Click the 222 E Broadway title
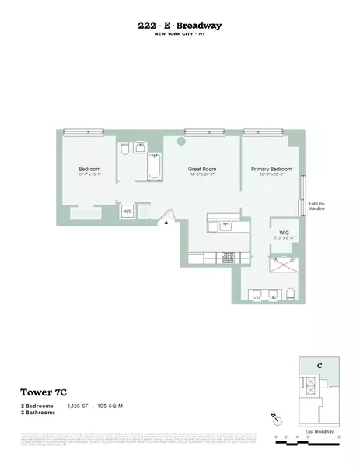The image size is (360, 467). click(x=180, y=26)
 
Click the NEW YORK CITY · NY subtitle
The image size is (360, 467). click(x=180, y=35)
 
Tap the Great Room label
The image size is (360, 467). click(x=201, y=169)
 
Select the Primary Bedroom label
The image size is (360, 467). click(x=271, y=169)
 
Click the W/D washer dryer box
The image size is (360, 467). click(x=127, y=211)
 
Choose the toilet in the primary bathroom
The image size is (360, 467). click(x=291, y=293)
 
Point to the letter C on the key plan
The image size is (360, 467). click(x=319, y=367)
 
